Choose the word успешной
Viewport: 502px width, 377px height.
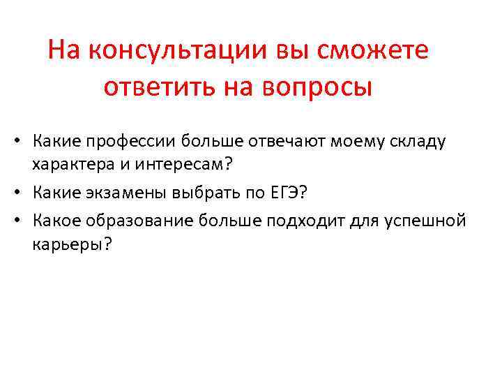pos(424,221)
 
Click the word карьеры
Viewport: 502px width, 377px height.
pos(67,246)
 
